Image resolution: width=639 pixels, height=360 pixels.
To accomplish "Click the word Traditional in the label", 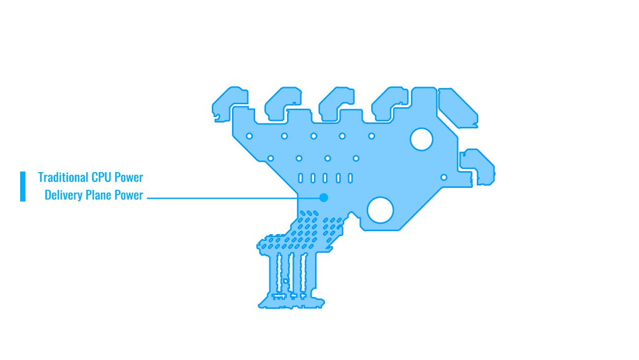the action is click(63, 177).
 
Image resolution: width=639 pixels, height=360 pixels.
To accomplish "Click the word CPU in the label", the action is click(101, 177).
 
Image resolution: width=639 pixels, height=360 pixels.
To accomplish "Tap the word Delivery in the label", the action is click(63, 195).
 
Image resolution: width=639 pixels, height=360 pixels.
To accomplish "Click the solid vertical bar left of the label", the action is click(23, 186).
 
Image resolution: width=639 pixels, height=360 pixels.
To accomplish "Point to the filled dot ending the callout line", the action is click(323, 198).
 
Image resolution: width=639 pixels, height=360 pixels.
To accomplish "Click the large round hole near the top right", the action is click(421, 139).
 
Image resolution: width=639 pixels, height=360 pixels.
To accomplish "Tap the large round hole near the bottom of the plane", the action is click(380, 210).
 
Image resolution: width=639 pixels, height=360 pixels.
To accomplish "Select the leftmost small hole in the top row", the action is click(249, 136).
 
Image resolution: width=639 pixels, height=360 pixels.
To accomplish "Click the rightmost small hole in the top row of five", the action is click(372, 136).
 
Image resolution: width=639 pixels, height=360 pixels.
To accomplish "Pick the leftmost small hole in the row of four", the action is click(270, 158).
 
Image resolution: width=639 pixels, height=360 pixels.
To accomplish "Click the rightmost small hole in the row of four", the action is click(356, 158).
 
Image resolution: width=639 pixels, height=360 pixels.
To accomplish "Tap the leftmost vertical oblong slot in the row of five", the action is click(300, 178).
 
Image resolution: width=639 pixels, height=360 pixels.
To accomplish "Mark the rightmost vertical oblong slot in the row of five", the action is click(350, 178).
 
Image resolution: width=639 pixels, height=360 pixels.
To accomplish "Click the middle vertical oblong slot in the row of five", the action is click(325, 178).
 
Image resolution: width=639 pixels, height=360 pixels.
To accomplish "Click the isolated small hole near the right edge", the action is click(443, 177).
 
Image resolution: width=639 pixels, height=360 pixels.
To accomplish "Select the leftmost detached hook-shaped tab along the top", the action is click(225, 103).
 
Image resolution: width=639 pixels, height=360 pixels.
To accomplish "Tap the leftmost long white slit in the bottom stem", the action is click(279, 272).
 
